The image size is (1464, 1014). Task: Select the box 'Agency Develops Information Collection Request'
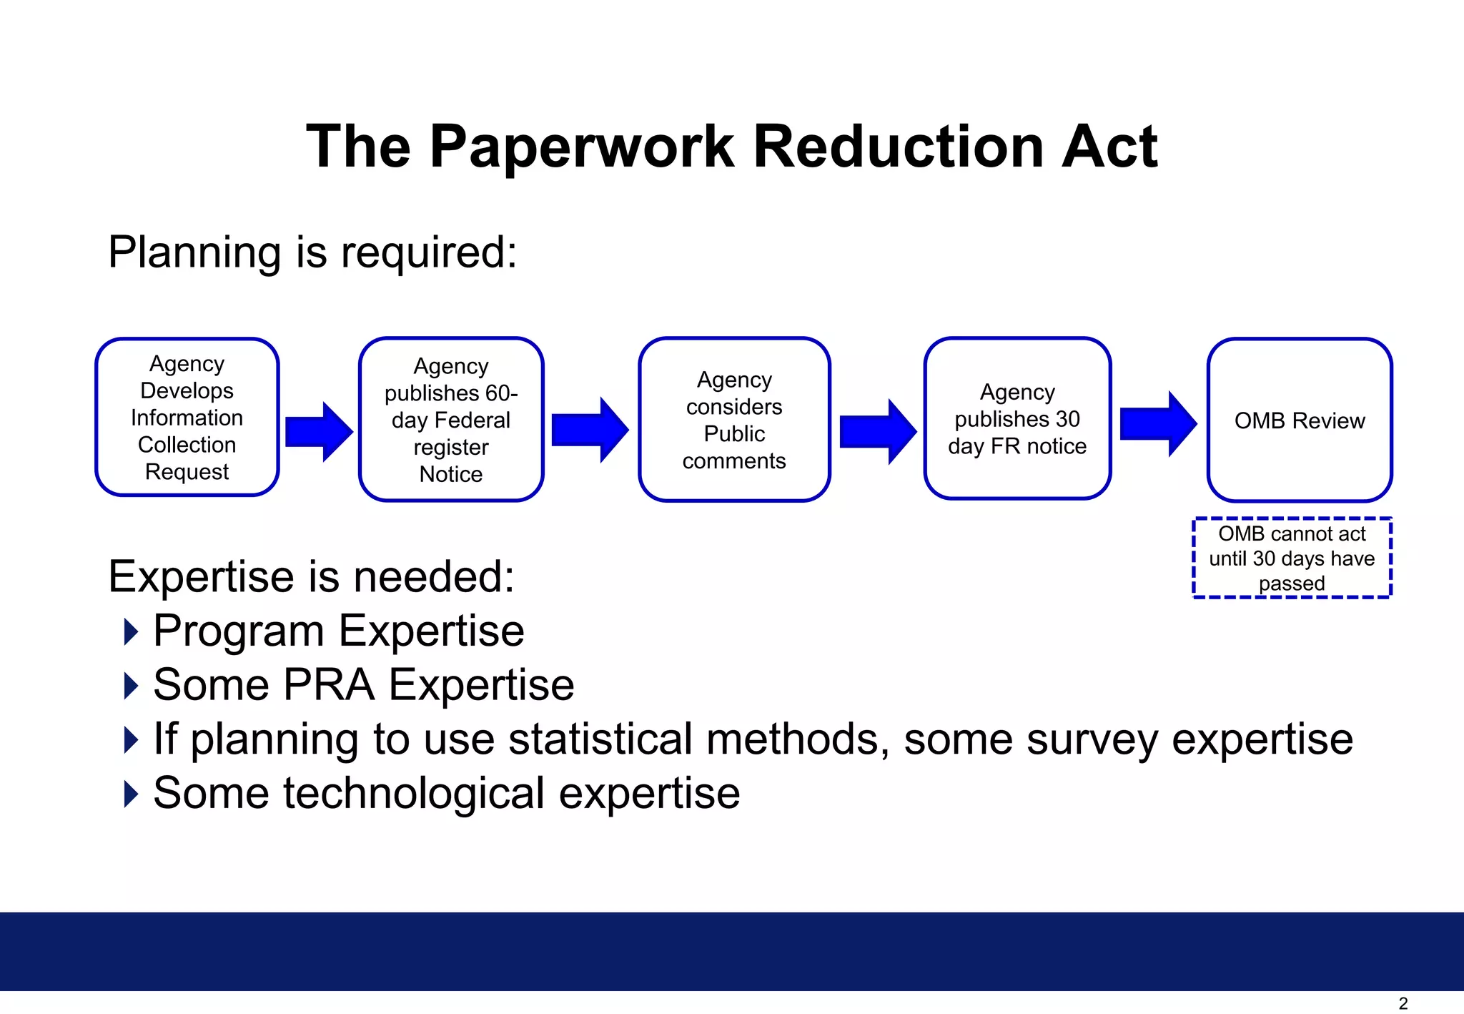coord(187,418)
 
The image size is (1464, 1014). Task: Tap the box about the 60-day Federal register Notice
coord(451,420)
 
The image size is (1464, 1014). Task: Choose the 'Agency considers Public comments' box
coord(734,420)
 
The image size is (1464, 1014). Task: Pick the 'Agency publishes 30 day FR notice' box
coord(1017,419)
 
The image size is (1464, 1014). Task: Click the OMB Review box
coord(1300,420)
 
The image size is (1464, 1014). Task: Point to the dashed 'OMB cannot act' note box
coord(1292,558)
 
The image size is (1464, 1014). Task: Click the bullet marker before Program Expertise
coord(131,631)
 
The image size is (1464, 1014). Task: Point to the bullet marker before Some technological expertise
coord(131,794)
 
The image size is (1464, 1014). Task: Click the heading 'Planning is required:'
coord(312,253)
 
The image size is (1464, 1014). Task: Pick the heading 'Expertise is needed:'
coord(311,576)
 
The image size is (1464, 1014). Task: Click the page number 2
coord(1403,1003)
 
